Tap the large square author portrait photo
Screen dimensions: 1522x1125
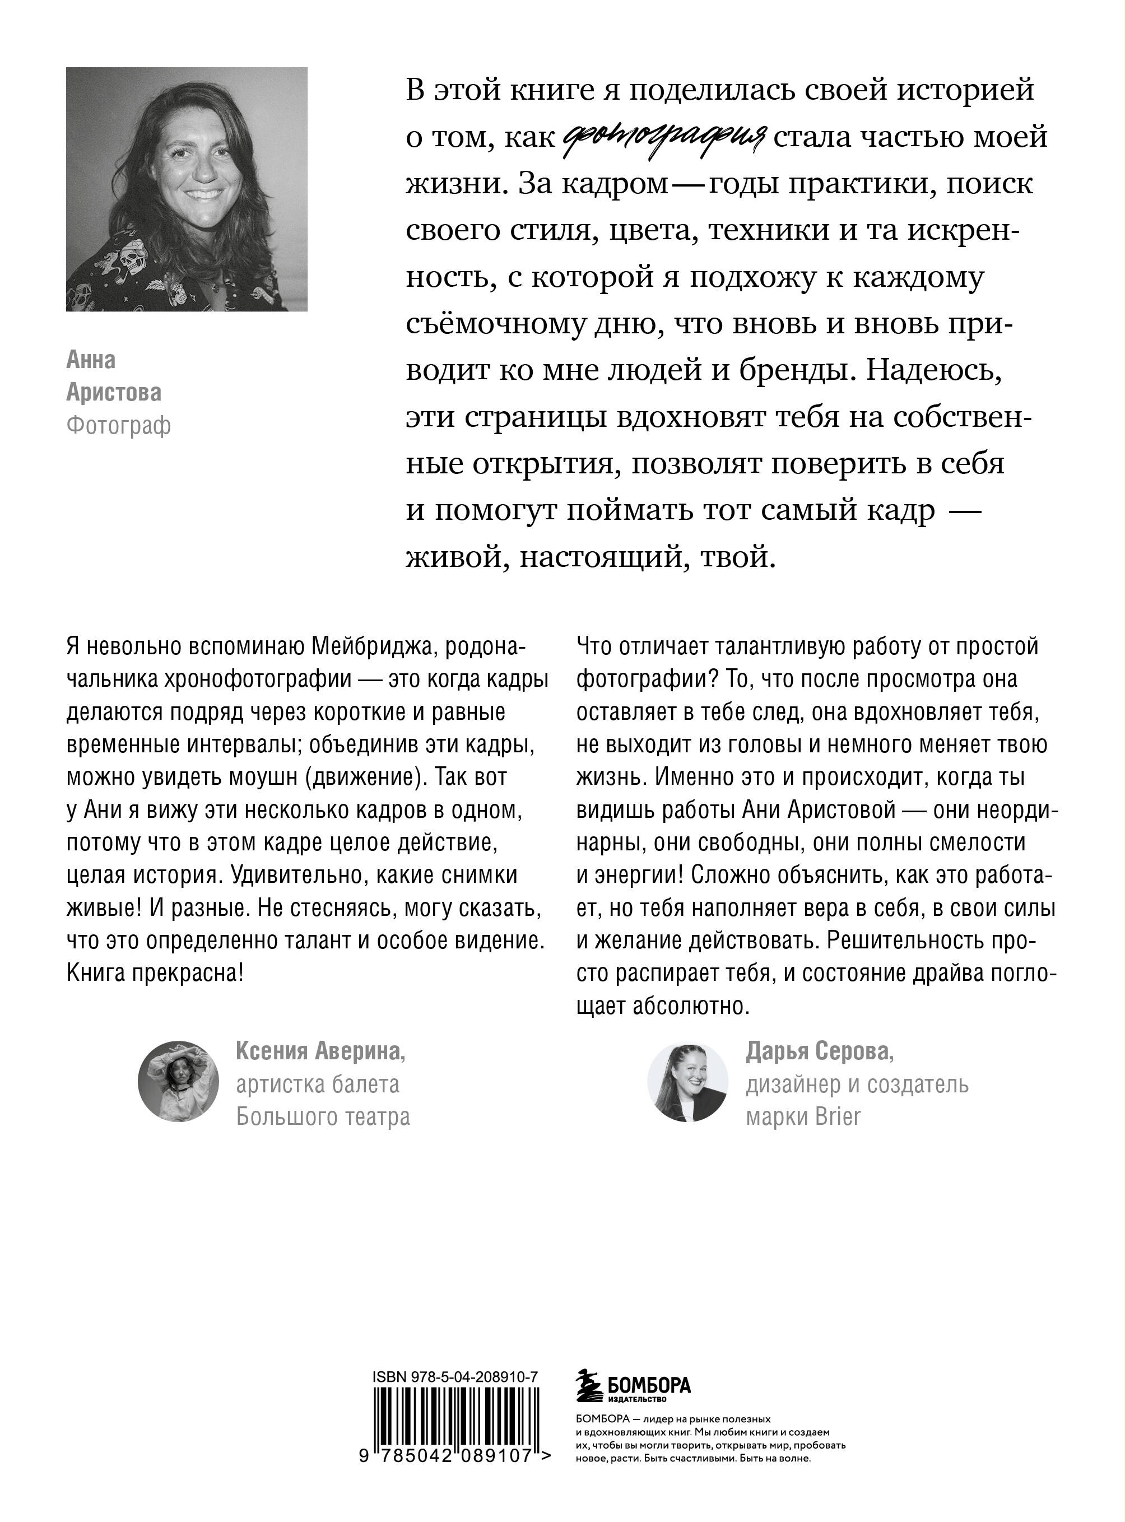point(187,189)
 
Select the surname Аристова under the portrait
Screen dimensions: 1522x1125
point(114,393)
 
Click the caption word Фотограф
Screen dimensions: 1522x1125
point(118,426)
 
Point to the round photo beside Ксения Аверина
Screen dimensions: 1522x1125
point(178,1081)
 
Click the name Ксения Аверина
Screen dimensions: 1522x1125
point(320,1051)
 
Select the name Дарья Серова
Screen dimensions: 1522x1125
point(819,1052)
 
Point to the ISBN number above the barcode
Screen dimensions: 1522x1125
point(455,1376)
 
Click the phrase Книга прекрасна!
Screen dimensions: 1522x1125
point(155,973)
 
